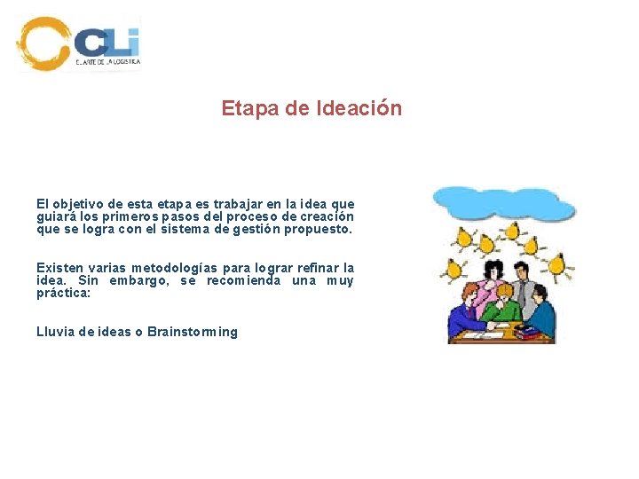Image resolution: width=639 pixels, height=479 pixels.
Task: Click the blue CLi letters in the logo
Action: click(107, 42)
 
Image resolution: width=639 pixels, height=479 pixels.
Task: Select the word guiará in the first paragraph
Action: click(56, 216)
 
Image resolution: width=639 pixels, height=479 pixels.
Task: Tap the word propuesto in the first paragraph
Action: click(320, 229)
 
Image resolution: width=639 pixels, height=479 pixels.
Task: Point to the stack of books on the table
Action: click(529, 332)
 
